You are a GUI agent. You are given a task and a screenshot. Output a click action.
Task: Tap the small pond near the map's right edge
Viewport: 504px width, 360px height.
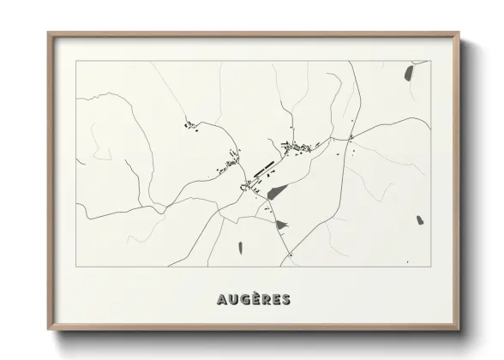[420, 220]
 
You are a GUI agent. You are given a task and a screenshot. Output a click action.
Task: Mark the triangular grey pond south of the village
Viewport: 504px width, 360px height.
[282, 225]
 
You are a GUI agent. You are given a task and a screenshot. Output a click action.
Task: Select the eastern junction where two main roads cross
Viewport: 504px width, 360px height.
[351, 138]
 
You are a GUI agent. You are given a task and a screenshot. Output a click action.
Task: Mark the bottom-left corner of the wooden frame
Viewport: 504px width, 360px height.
[49, 330]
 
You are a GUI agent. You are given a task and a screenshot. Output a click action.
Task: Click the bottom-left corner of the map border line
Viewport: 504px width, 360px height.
[76, 266]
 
